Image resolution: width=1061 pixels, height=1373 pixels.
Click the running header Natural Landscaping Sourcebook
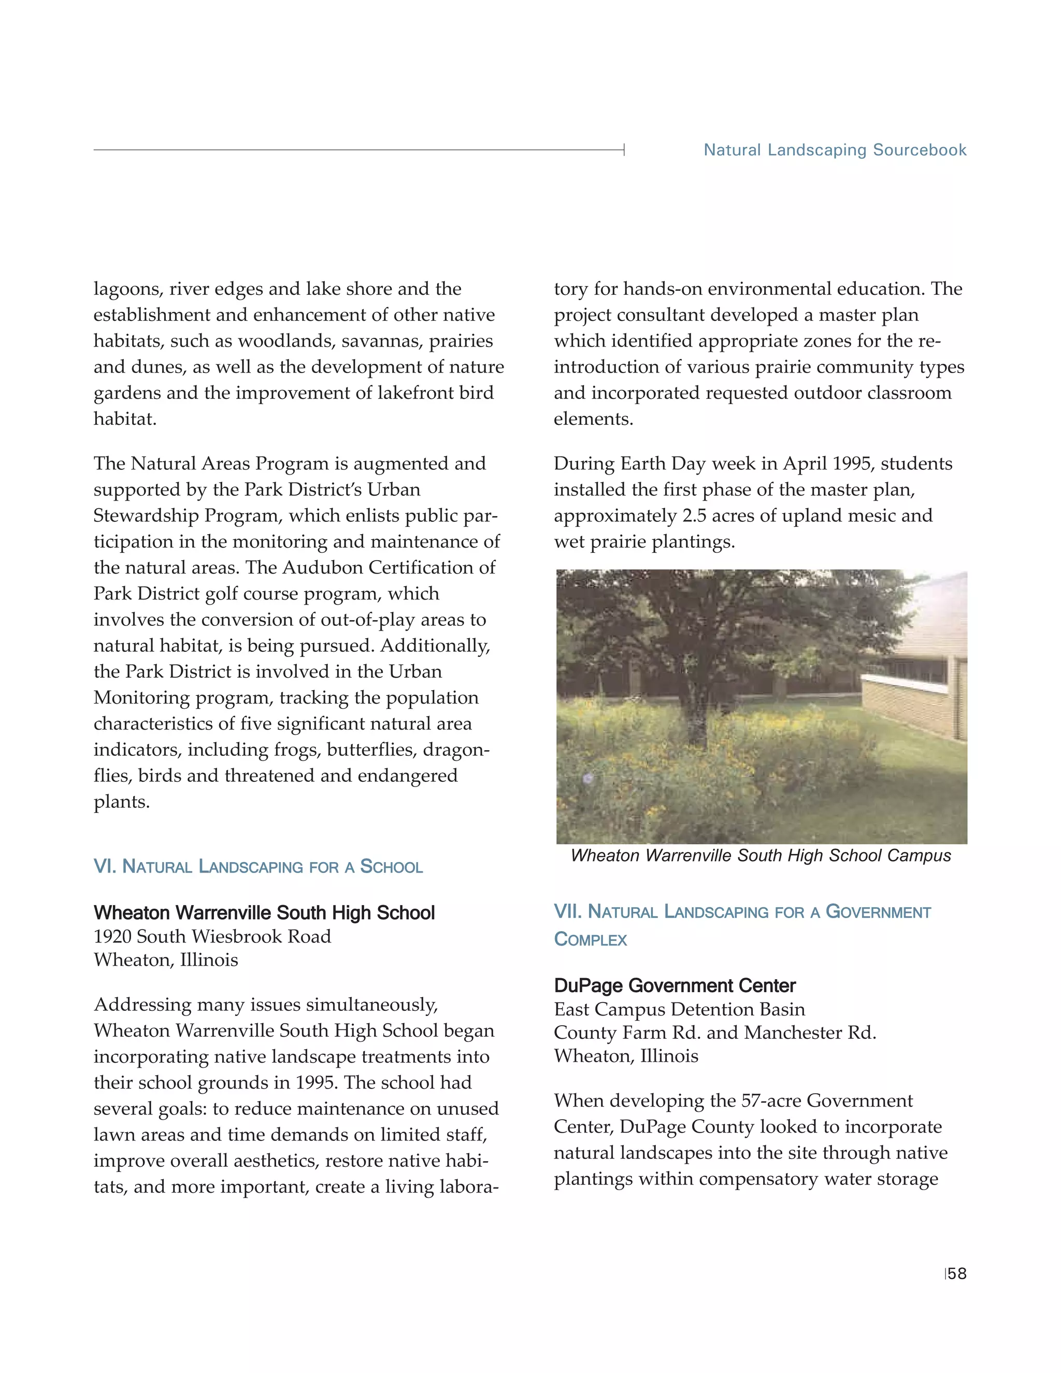(x=835, y=150)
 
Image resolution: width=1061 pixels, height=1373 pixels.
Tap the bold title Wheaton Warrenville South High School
(x=264, y=912)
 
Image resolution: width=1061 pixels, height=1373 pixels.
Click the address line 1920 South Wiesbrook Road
(x=212, y=936)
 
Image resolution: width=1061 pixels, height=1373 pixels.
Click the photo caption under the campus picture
(x=761, y=855)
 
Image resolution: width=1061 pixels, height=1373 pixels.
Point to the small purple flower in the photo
(x=589, y=778)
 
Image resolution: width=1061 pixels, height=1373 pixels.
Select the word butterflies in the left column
(x=371, y=749)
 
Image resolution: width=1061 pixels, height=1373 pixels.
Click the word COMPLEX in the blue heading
(x=590, y=940)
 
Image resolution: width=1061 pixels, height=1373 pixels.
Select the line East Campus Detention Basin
(x=679, y=1009)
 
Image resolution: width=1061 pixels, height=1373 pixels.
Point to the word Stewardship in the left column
(x=142, y=516)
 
